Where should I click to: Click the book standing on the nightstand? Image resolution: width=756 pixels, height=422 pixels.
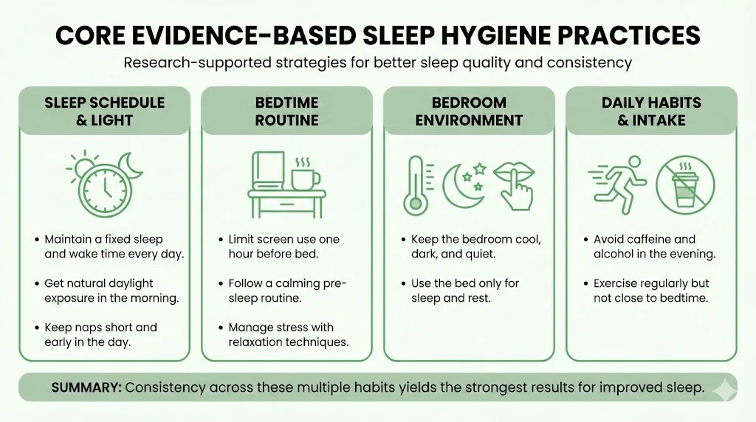pos(267,171)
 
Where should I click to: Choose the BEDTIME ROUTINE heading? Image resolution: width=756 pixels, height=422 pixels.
pos(286,111)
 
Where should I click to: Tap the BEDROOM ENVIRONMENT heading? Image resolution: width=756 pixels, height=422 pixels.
pos(469,111)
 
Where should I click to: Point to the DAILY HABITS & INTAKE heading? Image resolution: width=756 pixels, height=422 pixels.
pos(651,111)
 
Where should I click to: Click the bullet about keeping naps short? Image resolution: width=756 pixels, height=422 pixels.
pos(100,334)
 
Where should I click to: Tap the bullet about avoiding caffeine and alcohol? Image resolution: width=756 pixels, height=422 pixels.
pos(650,246)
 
